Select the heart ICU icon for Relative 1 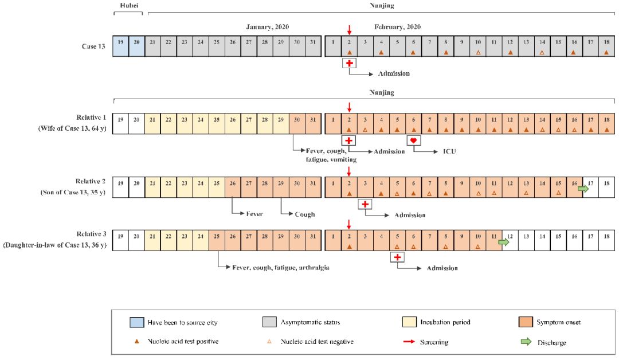click(x=414, y=140)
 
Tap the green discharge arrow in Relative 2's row click(x=583, y=188)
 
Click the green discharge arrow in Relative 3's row click(x=503, y=242)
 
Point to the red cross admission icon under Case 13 click(x=349, y=63)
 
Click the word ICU click(x=449, y=151)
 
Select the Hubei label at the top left click(x=128, y=6)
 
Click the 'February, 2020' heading click(x=397, y=27)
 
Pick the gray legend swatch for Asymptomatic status click(x=267, y=322)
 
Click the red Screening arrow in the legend click(x=410, y=342)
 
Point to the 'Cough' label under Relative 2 click(x=304, y=214)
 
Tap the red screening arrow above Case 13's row click(x=349, y=30)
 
